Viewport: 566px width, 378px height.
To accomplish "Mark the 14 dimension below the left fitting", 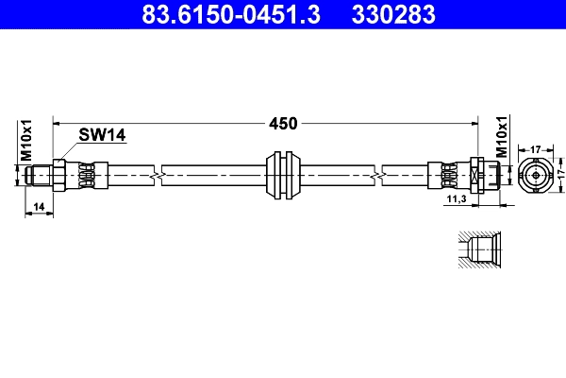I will click(x=39, y=206).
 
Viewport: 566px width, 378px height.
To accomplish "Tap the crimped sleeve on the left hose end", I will click(x=86, y=175).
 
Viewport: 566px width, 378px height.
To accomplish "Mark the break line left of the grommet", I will click(x=155, y=175).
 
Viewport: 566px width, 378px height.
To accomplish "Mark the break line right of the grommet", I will click(x=377, y=175).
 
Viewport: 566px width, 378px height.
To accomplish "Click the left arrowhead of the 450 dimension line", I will click(x=59, y=123).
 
